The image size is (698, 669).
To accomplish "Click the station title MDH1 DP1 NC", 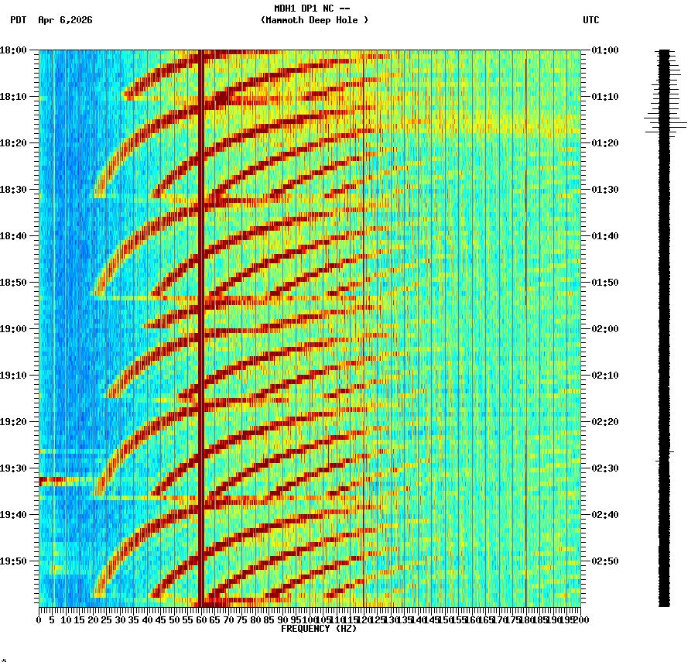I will pos(308,8).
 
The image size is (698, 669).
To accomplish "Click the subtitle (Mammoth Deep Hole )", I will pos(314,20).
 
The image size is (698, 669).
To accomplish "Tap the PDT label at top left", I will pos(18,20).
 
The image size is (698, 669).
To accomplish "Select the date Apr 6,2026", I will pos(65,20).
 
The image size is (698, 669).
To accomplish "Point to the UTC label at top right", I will pos(590,20).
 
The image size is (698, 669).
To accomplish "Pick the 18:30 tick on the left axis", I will pos(13,189).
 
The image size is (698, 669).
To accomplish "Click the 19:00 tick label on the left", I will pos(13,328).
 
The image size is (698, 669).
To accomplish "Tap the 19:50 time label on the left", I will pos(13,561).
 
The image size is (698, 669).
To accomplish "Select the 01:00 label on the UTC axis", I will pos(604,50).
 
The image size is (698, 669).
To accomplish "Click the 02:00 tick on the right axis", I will pos(604,328).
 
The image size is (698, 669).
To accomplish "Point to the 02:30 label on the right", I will pos(604,468).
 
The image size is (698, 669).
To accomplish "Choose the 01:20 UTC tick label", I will pos(604,142).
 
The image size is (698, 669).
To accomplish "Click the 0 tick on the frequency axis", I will pos(39,620).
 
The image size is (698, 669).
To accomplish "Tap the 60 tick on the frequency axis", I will pos(201,620).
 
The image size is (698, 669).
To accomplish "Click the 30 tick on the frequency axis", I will pos(120,620).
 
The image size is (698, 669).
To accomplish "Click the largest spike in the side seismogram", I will pos(665,124).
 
